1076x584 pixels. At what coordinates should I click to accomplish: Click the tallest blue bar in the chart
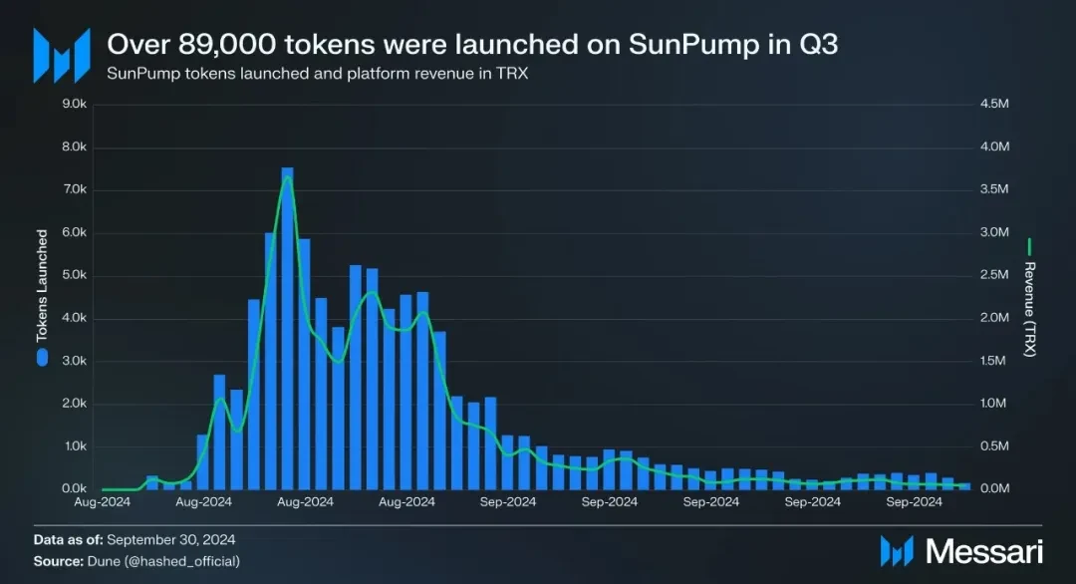(287, 329)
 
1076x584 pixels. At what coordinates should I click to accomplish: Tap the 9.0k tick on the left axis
(75, 104)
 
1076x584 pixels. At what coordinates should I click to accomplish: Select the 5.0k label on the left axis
(75, 276)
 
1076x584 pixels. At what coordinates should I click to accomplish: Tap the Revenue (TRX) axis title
(1030, 310)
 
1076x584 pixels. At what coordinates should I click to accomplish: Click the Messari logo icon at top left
(55, 55)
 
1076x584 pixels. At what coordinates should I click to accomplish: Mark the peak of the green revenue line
(287, 177)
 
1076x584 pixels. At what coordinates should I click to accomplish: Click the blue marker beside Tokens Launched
(42, 357)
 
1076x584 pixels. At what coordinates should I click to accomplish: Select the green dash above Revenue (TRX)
(1030, 245)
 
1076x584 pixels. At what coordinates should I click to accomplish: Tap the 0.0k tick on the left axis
(75, 489)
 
